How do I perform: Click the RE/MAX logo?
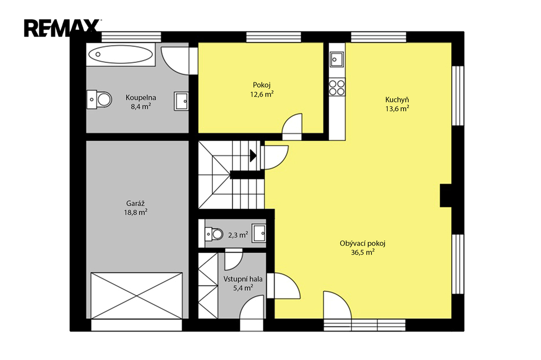click(x=62, y=28)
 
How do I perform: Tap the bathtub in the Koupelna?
click(x=120, y=54)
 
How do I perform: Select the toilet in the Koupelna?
click(x=99, y=100)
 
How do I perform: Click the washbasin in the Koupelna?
click(x=181, y=101)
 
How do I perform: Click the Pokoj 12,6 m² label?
click(x=262, y=90)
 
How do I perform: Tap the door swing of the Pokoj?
click(x=292, y=126)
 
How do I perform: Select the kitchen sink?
click(x=337, y=59)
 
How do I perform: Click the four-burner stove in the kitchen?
click(x=337, y=88)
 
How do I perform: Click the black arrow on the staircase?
click(x=253, y=156)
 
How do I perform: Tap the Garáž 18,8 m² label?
click(x=136, y=208)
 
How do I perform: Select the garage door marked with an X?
click(x=137, y=296)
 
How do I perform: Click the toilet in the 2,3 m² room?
click(x=214, y=234)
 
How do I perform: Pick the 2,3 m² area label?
click(x=238, y=235)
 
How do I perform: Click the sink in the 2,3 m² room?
click(x=259, y=233)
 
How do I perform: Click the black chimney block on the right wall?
click(x=446, y=195)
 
